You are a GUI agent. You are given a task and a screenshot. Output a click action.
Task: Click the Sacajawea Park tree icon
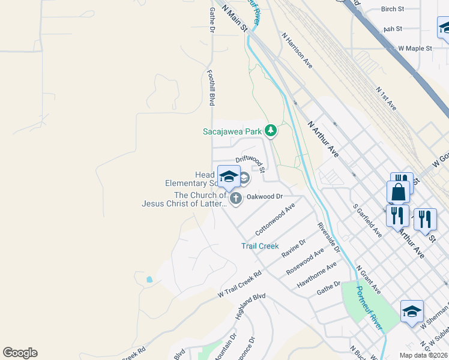click(271, 130)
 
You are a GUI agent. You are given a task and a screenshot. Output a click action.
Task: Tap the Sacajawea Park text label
click(231, 131)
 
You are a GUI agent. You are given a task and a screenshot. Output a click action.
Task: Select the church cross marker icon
click(236, 199)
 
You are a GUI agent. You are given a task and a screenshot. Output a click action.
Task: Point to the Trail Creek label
click(260, 246)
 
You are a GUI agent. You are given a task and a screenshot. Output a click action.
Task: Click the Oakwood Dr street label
click(264, 196)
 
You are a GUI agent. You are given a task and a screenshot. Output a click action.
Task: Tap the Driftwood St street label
click(250, 160)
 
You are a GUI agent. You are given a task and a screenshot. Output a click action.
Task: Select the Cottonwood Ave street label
click(275, 219)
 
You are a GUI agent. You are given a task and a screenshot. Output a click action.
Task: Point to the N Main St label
click(234, 17)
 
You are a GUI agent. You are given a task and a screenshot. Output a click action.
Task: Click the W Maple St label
click(415, 48)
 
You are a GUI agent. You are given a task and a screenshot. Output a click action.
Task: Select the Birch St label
click(393, 9)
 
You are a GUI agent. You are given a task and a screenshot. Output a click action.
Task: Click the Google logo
click(20, 353)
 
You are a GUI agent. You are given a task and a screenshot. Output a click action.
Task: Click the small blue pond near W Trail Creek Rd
click(149, 280)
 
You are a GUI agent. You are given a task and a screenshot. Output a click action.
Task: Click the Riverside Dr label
click(329, 237)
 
